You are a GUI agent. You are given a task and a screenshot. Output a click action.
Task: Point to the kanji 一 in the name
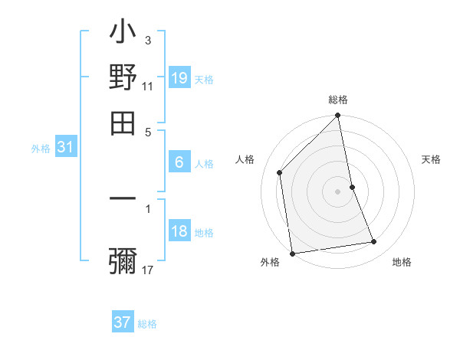pos(123,200)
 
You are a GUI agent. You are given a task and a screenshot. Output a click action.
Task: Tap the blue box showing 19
pos(179,77)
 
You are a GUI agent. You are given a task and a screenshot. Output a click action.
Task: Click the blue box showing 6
pos(179,162)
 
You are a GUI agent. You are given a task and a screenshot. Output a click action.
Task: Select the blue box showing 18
pos(179,231)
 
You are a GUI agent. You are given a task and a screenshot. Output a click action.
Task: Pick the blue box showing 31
pos(64,147)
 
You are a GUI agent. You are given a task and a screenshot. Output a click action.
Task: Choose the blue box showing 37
pos(123,322)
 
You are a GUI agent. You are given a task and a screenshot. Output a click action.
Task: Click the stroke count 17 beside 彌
pos(148,270)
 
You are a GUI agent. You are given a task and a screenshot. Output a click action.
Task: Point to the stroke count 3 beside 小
pos(148,40)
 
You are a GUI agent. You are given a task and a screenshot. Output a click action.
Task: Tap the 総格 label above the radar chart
pos(338,100)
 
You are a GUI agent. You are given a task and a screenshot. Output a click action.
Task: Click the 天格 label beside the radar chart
pos(431,159)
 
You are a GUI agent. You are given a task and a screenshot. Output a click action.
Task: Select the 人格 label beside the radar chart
pos(245,159)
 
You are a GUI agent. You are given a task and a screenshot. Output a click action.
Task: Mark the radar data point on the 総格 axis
pos(338,116)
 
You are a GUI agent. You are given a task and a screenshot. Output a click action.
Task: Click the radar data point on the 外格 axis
pos(292,254)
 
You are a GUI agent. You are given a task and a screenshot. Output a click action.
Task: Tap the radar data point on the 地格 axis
pos(374,242)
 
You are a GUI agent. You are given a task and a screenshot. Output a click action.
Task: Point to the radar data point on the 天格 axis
pos(352,186)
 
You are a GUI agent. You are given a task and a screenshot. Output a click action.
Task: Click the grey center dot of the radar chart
pos(338,191)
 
